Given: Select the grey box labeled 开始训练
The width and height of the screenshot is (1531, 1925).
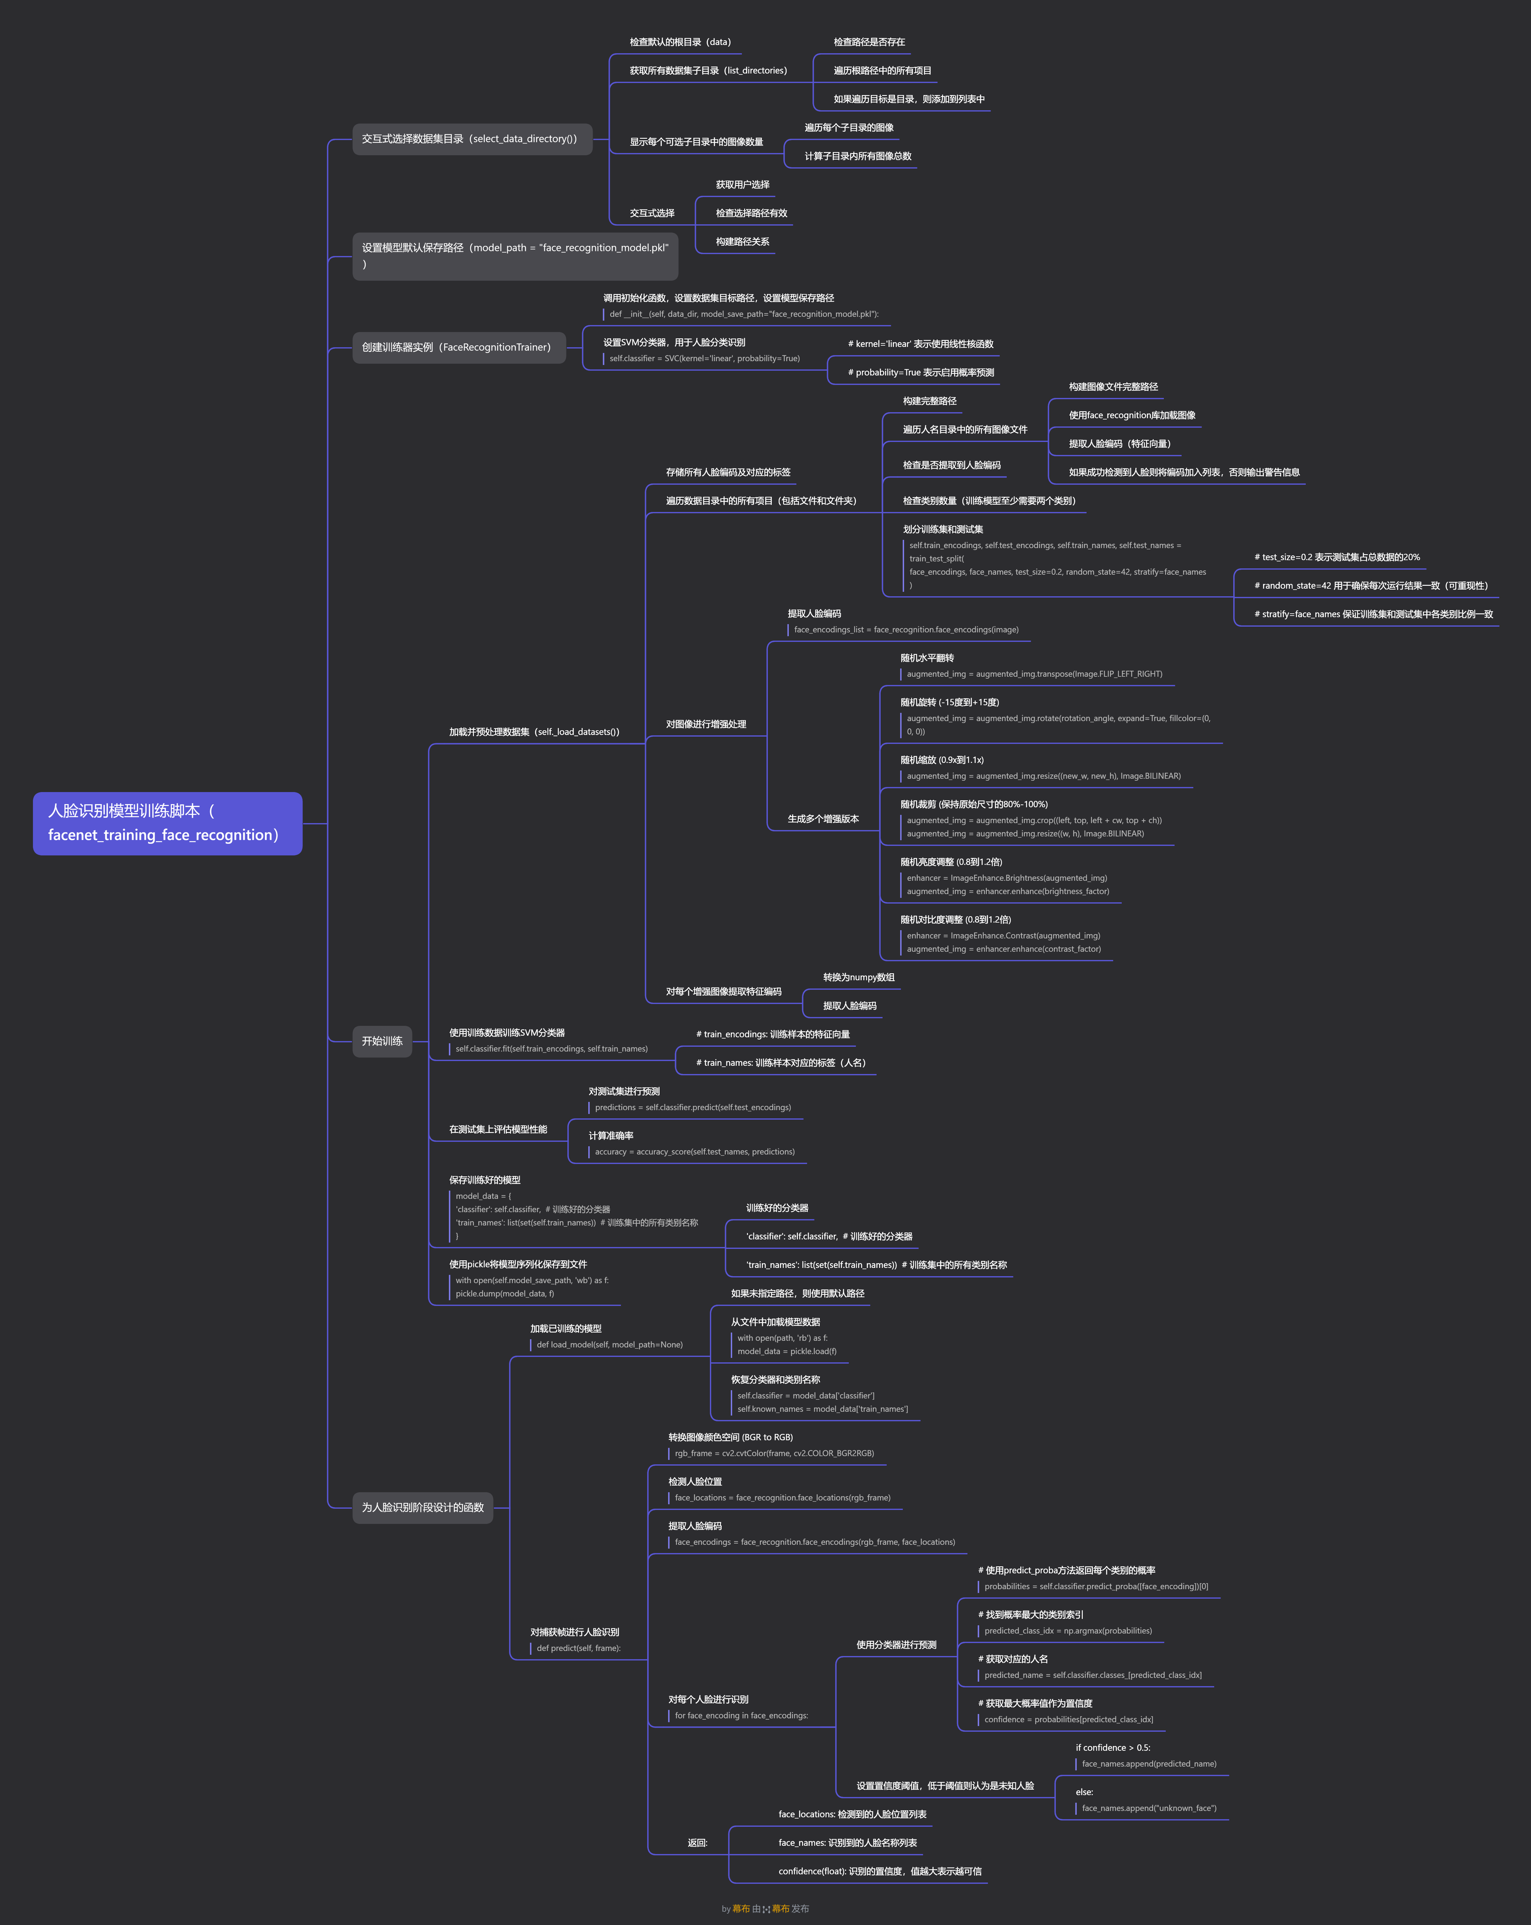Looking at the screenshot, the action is [x=382, y=1041].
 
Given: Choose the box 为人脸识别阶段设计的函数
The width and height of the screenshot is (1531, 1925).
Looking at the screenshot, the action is [x=422, y=1507].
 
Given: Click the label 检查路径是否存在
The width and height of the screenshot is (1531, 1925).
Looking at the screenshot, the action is [x=869, y=42].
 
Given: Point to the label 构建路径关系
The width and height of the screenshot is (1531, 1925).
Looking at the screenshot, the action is [x=742, y=242].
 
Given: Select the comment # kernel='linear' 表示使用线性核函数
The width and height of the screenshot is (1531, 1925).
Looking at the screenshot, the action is [x=920, y=344].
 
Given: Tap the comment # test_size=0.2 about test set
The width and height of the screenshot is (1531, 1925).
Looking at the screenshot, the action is [x=1336, y=557].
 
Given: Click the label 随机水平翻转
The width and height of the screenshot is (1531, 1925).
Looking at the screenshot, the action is [x=927, y=658].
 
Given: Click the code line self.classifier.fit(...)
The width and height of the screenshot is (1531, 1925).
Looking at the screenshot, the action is [x=552, y=1049].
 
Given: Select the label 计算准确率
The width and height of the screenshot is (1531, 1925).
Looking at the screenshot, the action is [x=611, y=1136].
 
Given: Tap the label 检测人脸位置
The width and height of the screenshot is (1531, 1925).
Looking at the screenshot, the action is [x=694, y=1481].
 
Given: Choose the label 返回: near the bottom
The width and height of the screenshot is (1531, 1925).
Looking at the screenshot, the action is [x=697, y=1843].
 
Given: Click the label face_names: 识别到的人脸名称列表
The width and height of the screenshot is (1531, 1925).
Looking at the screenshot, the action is [x=847, y=1843].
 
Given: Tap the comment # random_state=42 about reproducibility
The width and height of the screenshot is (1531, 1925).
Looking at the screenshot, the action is [x=1370, y=586].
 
